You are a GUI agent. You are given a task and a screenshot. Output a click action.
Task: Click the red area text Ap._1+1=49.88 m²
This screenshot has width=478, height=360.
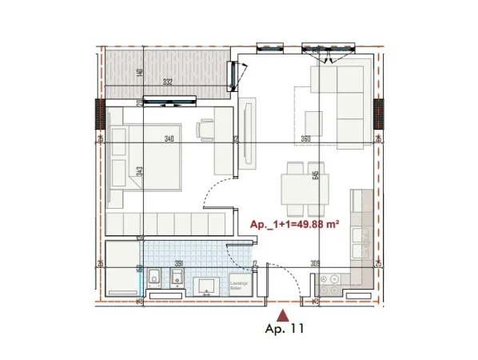[x=296, y=225]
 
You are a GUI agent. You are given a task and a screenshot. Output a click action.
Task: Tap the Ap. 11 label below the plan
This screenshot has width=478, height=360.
[x=285, y=328]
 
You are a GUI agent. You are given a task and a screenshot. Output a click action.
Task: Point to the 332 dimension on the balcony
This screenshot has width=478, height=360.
[x=167, y=81]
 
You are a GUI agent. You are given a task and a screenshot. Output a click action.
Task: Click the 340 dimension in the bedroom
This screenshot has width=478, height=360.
[x=169, y=138]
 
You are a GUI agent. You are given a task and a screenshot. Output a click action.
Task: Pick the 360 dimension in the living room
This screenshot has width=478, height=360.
[x=305, y=138]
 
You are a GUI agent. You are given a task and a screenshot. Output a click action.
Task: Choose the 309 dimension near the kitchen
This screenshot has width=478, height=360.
[x=315, y=264]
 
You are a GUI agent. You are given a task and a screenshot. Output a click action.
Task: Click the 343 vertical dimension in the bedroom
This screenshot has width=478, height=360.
[x=139, y=171]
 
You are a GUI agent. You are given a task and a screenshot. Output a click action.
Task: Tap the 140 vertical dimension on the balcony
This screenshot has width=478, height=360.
[x=139, y=74]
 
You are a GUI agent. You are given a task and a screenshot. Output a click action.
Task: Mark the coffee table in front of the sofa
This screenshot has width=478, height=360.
[x=312, y=123]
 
